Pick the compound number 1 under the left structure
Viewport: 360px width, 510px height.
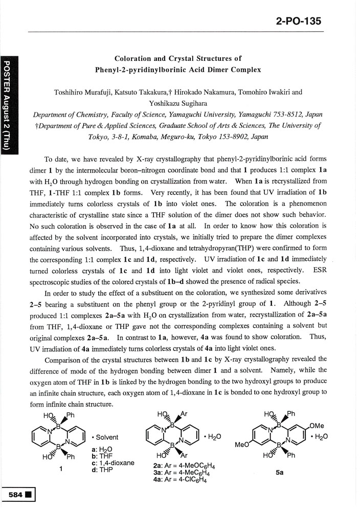(61, 472)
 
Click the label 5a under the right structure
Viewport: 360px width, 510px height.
(279, 473)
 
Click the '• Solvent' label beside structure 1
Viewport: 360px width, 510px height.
(105, 437)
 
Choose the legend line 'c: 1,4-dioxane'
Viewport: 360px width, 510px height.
(112, 462)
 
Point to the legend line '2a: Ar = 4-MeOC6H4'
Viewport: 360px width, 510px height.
(182, 466)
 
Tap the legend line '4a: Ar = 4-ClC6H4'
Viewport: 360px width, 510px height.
(180, 480)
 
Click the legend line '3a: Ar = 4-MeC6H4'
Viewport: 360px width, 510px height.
(181, 473)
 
